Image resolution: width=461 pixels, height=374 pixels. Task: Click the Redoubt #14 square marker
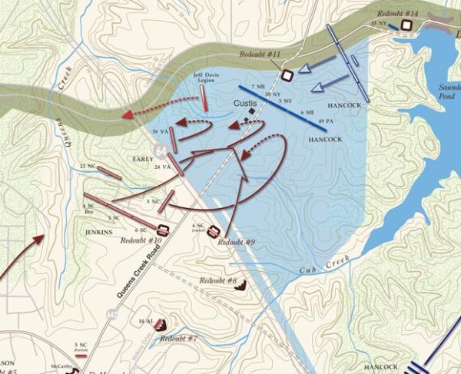coord(406,25)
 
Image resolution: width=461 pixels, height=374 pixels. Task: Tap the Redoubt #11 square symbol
coord(287,75)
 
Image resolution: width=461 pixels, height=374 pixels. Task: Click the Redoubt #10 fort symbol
coord(163,230)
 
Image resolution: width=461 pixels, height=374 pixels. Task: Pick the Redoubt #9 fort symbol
coord(214,231)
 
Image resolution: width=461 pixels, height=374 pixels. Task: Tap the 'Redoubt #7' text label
coord(179,339)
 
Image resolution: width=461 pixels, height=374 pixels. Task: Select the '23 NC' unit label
coord(87,167)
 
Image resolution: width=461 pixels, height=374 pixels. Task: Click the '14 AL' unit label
coord(145,320)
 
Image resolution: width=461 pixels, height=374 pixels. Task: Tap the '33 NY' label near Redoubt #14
coord(378,25)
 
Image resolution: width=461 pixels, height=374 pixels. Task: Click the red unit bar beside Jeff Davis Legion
coord(205,95)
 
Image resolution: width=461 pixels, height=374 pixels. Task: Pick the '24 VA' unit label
coord(161,167)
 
